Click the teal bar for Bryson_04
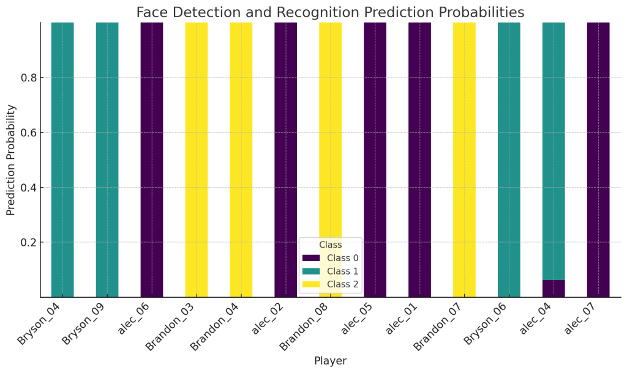(x=62, y=159)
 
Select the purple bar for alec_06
(x=152, y=159)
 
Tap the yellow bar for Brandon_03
(x=197, y=159)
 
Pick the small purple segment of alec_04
(x=554, y=289)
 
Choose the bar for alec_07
(x=598, y=159)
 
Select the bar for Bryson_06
(x=509, y=159)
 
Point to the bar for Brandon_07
(x=464, y=159)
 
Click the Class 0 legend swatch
(x=311, y=258)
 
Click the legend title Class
(x=331, y=245)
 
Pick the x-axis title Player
(x=330, y=361)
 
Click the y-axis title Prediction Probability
(x=11, y=160)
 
